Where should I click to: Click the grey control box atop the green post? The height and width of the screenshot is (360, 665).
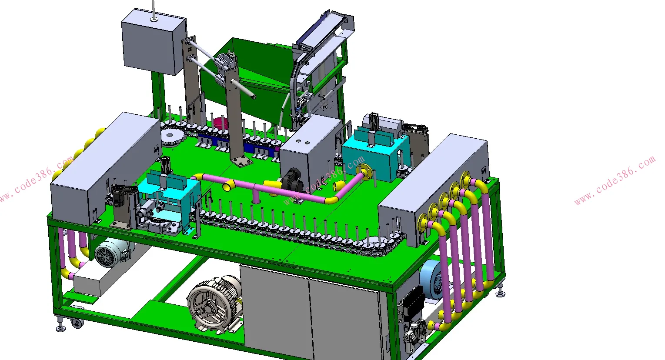click(154, 42)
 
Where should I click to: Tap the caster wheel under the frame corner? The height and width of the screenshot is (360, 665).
click(77, 323)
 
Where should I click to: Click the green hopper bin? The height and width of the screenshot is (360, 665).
click(249, 80)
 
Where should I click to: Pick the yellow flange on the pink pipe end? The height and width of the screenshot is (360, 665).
click(364, 172)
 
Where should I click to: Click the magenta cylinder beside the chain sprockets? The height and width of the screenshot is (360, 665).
click(220, 122)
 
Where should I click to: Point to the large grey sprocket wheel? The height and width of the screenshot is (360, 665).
click(173, 138)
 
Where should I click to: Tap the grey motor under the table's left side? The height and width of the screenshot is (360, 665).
click(112, 252)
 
